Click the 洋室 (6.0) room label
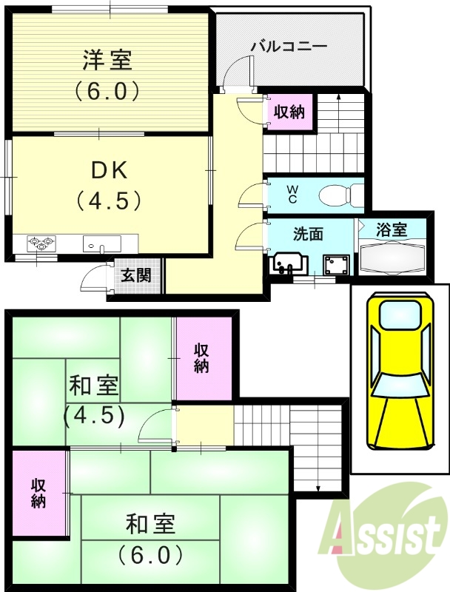[107, 74]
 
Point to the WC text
[292, 195]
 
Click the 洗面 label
[309, 234]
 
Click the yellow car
[399, 374]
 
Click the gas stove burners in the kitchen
[42, 242]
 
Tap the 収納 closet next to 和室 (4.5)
[202, 357]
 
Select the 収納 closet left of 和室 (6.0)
[38, 492]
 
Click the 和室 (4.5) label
[94, 400]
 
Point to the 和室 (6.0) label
[150, 539]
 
